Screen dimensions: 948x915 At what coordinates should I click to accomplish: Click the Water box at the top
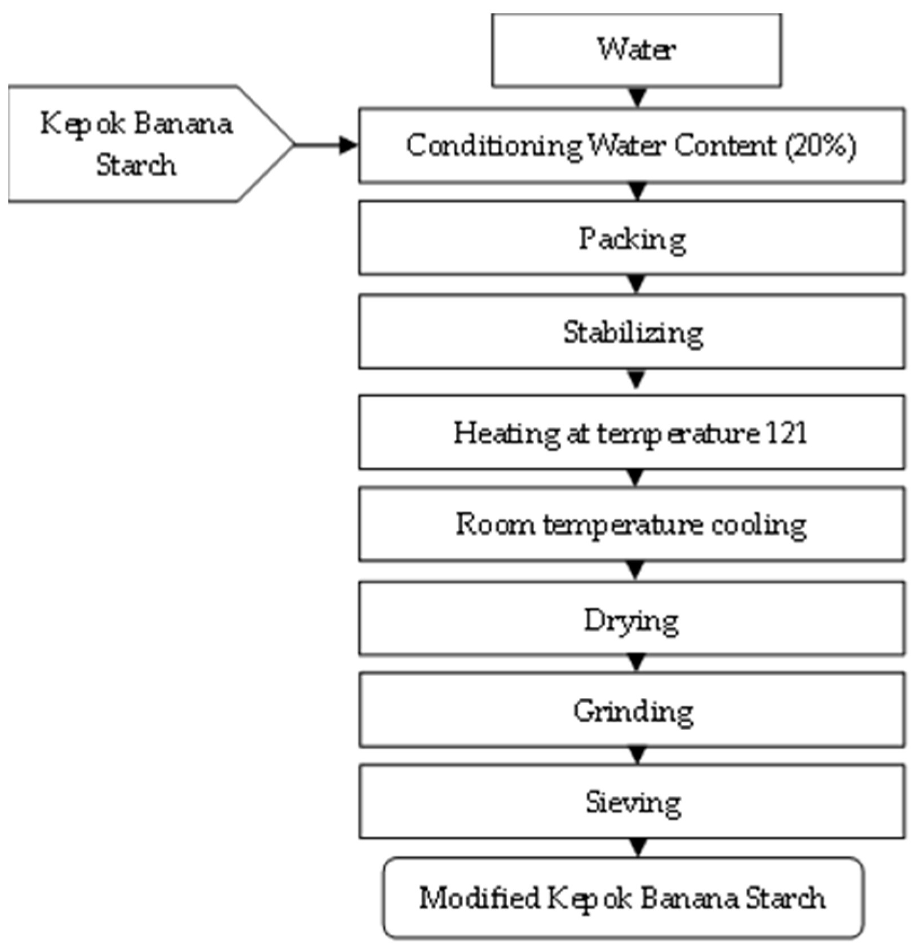pos(636,50)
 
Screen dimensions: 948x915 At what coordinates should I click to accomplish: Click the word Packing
pos(632,239)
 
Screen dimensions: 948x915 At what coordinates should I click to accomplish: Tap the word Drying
pos(631,620)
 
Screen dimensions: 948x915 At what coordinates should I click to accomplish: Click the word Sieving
pos(633,803)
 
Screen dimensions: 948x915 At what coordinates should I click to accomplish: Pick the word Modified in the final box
pos(479,898)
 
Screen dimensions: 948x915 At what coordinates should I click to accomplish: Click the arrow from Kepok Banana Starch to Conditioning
pos(327,145)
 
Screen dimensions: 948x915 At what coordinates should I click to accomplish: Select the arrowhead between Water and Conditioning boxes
pos(637,98)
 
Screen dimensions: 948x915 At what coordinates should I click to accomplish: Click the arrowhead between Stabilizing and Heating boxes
pos(636,380)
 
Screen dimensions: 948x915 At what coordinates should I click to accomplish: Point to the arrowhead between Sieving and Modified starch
pos(637,847)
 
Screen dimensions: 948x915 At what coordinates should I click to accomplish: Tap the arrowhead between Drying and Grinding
pos(636,663)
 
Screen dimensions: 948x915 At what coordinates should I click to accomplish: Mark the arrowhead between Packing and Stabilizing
pos(636,284)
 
